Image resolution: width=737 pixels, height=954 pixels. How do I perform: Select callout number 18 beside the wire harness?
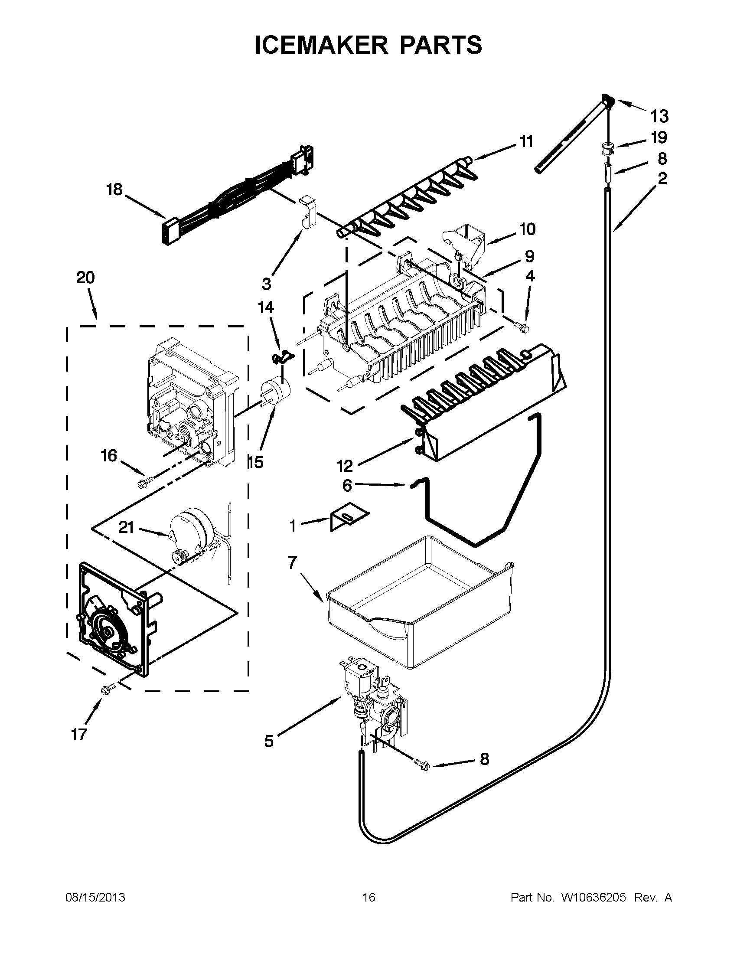coord(115,189)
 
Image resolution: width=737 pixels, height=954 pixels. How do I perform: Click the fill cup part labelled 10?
coord(465,244)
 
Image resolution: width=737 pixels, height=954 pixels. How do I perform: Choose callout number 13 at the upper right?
coord(659,116)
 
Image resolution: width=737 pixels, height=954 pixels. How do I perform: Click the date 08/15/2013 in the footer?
coord(95,897)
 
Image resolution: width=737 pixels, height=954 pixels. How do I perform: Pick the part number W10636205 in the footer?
coord(594,897)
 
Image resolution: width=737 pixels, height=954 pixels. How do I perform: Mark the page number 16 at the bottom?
coord(368,897)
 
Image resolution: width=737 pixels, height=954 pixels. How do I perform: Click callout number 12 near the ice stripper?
coord(345,466)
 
